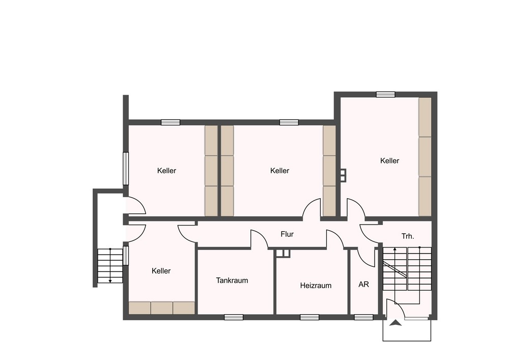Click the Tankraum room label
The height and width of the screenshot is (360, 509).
232,281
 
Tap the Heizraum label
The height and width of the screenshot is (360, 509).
316,286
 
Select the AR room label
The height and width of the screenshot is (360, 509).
363,284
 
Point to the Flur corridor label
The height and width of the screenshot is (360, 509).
287,234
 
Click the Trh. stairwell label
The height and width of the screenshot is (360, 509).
408,236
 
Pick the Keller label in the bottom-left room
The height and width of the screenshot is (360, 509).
161,271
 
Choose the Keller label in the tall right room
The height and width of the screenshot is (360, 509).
389,161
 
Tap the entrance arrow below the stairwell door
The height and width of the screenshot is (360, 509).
396,323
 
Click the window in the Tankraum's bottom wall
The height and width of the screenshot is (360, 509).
234,317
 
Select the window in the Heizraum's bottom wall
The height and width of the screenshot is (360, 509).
309,317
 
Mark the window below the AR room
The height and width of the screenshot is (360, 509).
363,317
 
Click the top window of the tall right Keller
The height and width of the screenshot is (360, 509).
386,95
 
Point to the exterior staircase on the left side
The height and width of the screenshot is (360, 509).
110,265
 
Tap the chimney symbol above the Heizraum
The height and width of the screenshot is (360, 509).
282,254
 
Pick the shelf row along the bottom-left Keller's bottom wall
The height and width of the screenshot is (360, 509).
162,308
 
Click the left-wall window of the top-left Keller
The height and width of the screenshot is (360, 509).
126,169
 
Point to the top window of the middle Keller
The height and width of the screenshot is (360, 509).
289,122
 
